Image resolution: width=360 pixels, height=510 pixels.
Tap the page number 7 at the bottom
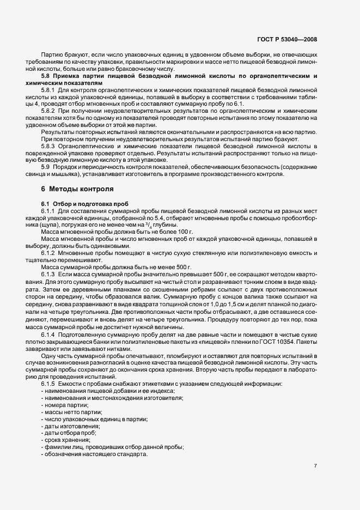(x=316, y=466)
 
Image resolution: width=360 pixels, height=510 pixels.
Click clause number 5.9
(x=45, y=166)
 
